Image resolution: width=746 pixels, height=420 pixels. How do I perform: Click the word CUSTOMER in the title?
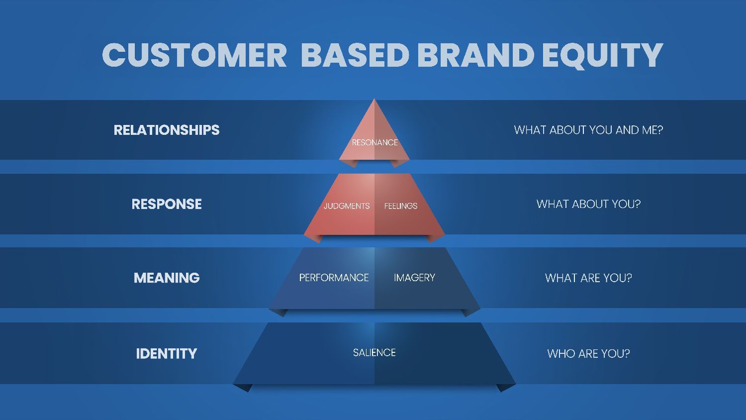point(194,55)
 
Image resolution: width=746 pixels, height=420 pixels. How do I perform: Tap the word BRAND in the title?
point(475,55)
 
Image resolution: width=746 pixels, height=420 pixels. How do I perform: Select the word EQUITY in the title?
point(602,55)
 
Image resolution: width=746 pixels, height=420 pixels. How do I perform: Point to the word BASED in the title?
point(355,55)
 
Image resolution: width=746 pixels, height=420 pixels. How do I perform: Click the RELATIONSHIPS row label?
point(167,130)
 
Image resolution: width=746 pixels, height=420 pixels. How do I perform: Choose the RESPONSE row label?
point(167,204)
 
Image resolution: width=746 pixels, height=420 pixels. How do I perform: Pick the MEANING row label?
point(167,278)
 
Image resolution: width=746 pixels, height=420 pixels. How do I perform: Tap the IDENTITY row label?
point(167,353)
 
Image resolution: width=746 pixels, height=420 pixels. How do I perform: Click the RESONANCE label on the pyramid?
point(374,142)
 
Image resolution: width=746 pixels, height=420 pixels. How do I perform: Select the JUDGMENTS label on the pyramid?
point(347,206)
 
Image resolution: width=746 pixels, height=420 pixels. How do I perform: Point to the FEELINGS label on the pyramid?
point(400,206)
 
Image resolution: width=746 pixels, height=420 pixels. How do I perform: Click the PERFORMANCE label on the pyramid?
point(334,278)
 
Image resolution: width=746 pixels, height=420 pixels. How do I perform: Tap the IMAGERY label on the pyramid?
point(414,278)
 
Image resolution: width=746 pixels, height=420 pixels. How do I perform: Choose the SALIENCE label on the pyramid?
point(374,352)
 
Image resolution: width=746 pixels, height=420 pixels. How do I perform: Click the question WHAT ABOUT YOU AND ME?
point(588,130)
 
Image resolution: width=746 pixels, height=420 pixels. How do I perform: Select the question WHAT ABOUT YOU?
point(588,204)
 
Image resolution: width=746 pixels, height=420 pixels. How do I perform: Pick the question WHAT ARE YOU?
point(588,278)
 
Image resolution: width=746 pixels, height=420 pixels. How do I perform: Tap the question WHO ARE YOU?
point(588,353)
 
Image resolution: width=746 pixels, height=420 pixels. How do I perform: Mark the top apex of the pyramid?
point(374,100)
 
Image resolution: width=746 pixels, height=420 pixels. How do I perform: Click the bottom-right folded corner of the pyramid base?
point(505,387)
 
